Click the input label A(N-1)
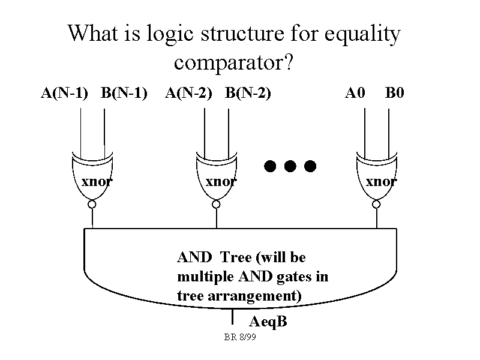(64, 93)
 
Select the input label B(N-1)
(124, 93)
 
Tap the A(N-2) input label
(188, 93)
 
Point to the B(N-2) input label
(248, 93)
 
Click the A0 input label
(355, 93)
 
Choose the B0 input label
(395, 93)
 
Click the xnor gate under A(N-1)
(92, 177)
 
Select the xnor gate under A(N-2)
(217, 177)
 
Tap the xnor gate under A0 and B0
(376, 177)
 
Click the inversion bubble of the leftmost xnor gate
(92, 205)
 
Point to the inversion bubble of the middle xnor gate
(217, 205)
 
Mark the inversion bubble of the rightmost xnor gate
(376, 205)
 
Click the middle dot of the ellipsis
(290, 166)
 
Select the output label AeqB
(268, 322)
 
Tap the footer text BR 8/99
(240, 338)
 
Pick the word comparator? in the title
(233, 62)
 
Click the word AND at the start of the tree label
(194, 258)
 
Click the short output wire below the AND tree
(232, 316)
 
